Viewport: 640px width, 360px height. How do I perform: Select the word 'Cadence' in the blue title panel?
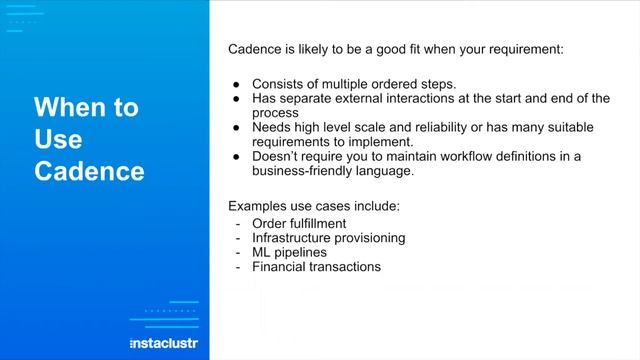coord(89,171)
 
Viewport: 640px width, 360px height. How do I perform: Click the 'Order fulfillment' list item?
coord(299,223)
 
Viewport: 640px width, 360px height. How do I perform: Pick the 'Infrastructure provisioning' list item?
coord(328,238)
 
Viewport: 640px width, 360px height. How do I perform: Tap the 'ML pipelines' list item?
coord(289,252)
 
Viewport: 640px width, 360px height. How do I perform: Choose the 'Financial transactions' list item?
coord(316,267)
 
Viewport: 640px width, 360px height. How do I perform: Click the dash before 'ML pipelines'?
coord(238,252)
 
